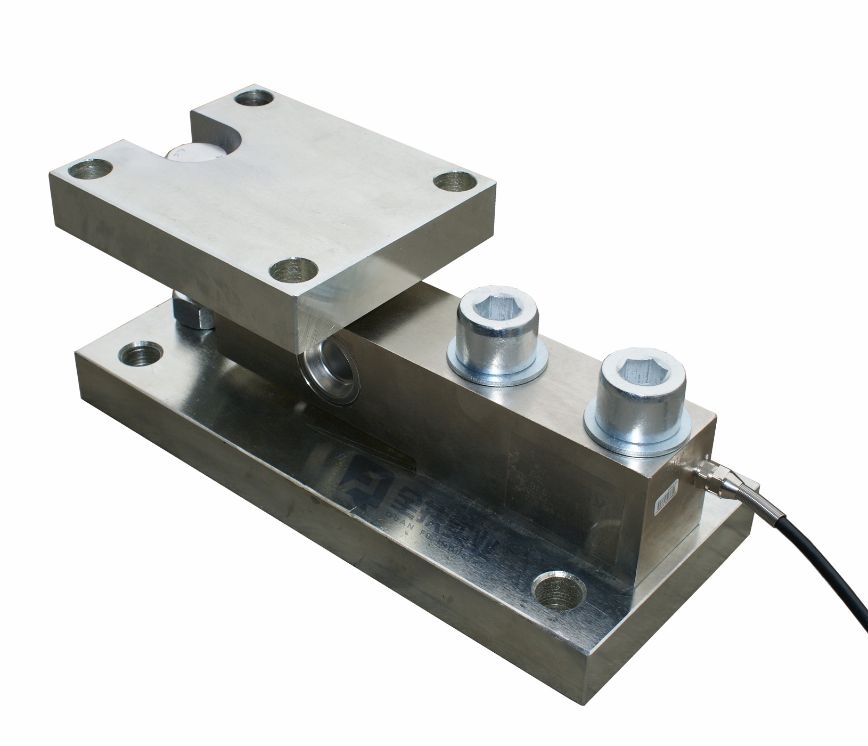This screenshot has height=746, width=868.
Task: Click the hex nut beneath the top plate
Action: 192,313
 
